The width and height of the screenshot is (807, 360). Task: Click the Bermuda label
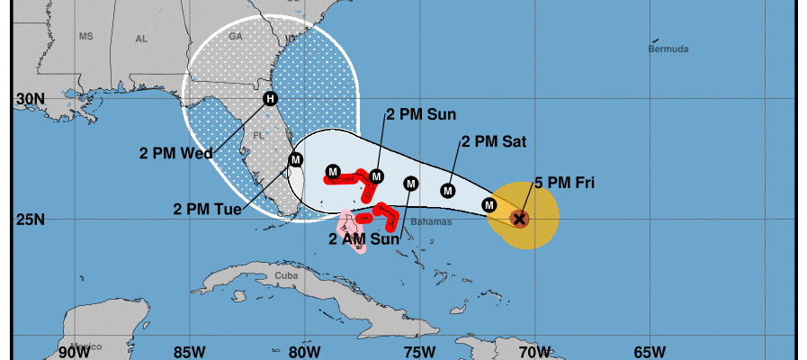[668, 49]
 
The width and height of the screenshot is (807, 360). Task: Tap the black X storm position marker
[518, 218]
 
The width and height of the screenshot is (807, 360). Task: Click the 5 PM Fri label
[565, 184]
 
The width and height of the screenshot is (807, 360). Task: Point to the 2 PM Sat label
[494, 141]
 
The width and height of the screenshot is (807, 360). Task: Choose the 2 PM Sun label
[421, 114]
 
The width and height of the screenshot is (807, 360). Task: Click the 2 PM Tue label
[207, 209]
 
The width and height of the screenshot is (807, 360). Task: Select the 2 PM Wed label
[176, 153]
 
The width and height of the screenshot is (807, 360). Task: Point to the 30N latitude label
[30, 98]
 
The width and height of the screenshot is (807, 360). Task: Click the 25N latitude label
[30, 219]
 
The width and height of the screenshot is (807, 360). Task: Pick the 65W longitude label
[650, 350]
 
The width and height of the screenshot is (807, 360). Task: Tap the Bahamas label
[431, 222]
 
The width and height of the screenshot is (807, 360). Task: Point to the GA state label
[237, 37]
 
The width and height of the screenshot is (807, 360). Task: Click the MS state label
[86, 37]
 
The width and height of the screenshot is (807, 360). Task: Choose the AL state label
[141, 39]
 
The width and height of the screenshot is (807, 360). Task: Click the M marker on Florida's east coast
[295, 160]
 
